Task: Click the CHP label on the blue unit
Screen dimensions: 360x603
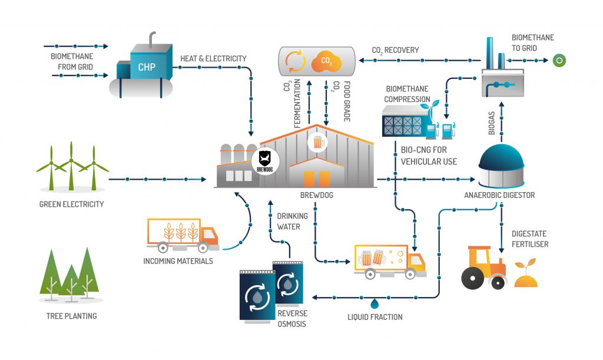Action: point(147,67)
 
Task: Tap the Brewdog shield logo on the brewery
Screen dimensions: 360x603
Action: point(264,159)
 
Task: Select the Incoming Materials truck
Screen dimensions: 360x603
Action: point(183,235)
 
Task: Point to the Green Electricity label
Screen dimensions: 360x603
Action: point(71,204)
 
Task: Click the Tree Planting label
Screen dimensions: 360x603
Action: point(71,316)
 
